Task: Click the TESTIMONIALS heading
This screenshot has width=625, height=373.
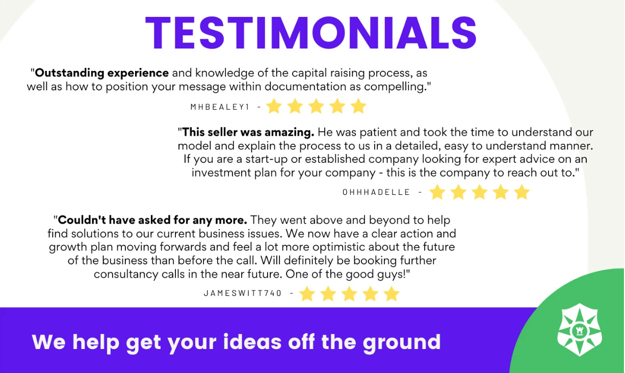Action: (311, 33)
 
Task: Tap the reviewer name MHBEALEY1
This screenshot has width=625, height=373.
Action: (220, 107)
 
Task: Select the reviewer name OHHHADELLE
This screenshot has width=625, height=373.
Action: (376, 192)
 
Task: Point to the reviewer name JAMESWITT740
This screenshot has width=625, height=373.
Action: (243, 293)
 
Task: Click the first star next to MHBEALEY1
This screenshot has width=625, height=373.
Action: (274, 106)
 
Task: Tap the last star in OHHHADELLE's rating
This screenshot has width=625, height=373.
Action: (522, 192)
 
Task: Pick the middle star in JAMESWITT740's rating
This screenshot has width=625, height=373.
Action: (349, 294)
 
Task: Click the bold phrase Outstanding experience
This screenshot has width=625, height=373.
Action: (102, 73)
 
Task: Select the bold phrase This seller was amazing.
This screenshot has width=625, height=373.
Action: (248, 132)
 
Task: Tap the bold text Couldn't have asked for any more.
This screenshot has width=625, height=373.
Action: (152, 220)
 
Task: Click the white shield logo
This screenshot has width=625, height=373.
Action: (580, 330)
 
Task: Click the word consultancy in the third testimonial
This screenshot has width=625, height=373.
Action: (126, 275)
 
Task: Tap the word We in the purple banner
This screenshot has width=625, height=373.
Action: (48, 342)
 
